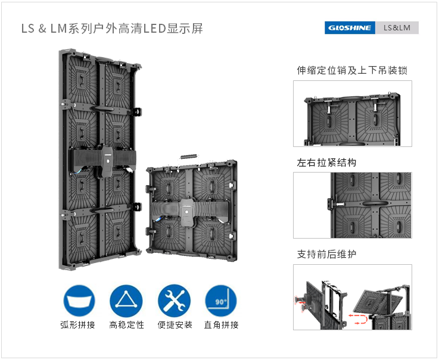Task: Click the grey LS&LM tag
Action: click(x=397, y=27)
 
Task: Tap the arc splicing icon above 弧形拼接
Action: click(x=79, y=300)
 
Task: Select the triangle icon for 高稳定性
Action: click(x=126, y=300)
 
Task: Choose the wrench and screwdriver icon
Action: click(x=174, y=300)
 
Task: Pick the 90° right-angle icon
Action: click(x=221, y=300)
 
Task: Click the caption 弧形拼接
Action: click(x=78, y=325)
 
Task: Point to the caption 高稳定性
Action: click(x=126, y=325)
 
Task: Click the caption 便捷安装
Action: click(x=175, y=325)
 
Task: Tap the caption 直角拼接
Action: click(x=221, y=325)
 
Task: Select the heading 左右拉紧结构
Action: click(x=326, y=162)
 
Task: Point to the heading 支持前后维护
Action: click(x=326, y=254)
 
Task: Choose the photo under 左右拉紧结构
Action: click(x=352, y=205)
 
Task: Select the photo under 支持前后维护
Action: click(x=352, y=297)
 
